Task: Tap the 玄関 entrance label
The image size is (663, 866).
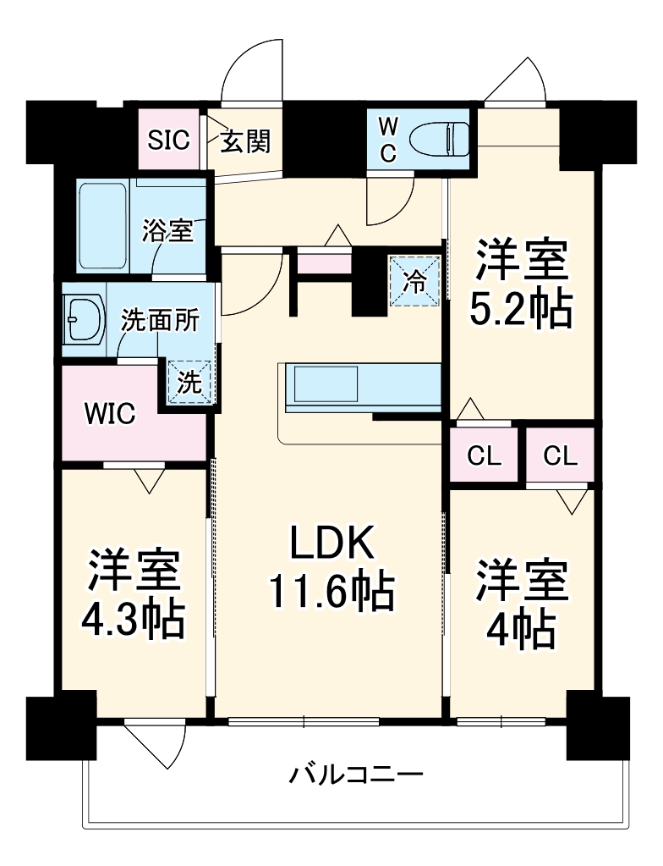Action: (246, 141)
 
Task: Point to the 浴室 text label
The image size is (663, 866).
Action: (167, 230)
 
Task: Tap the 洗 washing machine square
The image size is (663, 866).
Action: (190, 383)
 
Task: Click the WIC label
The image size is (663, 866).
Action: (108, 415)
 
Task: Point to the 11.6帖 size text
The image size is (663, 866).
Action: (331, 593)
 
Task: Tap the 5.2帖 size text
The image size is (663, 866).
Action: (521, 311)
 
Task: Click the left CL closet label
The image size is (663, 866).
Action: (485, 456)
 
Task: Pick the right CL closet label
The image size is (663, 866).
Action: (560, 456)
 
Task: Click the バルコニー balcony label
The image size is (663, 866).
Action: (355, 774)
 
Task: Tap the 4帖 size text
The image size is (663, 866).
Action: (521, 628)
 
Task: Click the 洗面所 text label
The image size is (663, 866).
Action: (160, 321)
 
